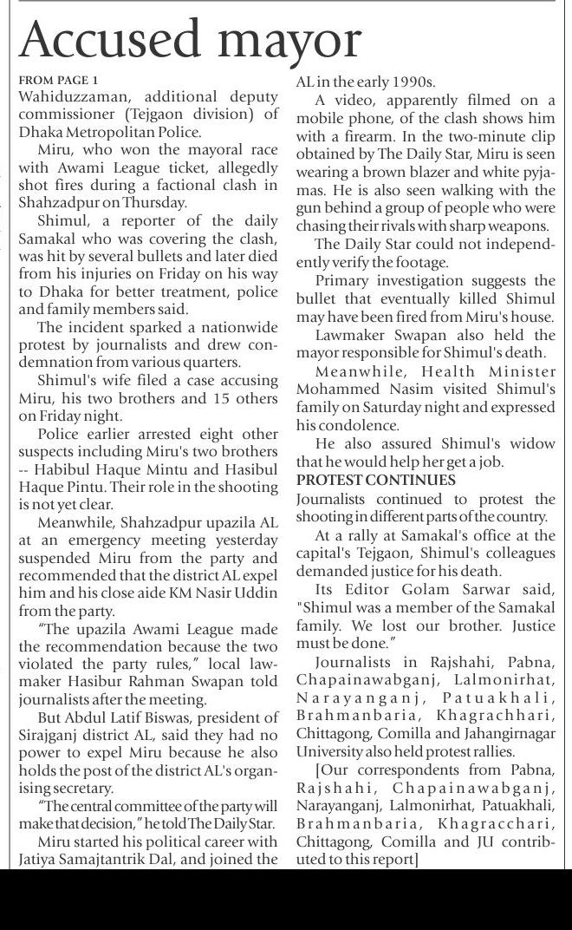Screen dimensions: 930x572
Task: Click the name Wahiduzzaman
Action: (70, 96)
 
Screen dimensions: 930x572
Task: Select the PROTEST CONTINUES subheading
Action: (375, 480)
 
